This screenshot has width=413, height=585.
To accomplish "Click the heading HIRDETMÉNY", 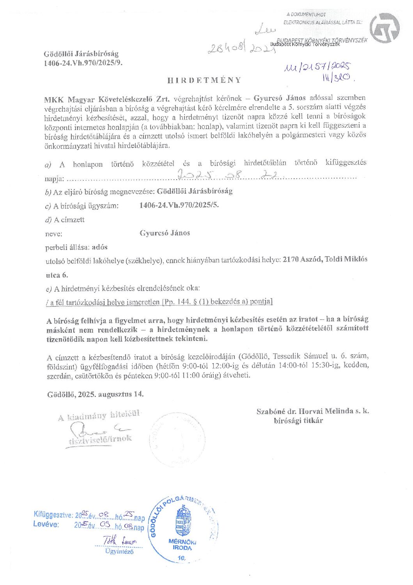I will pyautogui.click(x=204, y=80).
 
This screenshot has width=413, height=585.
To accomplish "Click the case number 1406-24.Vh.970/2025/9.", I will pyautogui.click(x=83, y=62).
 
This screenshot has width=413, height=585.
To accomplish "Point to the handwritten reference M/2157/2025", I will pyautogui.click(x=317, y=67).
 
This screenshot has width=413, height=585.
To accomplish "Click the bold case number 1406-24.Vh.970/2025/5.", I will pyautogui.click(x=179, y=205).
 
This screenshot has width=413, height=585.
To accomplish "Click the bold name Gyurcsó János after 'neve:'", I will pyautogui.click(x=165, y=233).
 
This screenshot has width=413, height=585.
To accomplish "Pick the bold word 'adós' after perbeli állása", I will pyautogui.click(x=99, y=247).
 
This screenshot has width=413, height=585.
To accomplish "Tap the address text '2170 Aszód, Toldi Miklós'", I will pyautogui.click(x=325, y=259).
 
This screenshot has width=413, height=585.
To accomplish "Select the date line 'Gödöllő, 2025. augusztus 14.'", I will pyautogui.click(x=96, y=394).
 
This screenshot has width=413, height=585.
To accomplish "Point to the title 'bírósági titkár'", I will pyautogui.click(x=298, y=421).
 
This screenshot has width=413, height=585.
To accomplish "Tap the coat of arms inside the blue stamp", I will pyautogui.click(x=183, y=521).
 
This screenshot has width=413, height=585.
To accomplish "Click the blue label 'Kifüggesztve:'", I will pyautogui.click(x=53, y=514).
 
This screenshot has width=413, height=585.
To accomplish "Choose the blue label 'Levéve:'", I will pyautogui.click(x=46, y=524).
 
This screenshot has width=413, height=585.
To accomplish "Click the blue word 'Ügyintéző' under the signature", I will pyautogui.click(x=119, y=551).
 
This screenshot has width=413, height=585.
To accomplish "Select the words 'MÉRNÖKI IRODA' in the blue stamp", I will pyautogui.click(x=182, y=544).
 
